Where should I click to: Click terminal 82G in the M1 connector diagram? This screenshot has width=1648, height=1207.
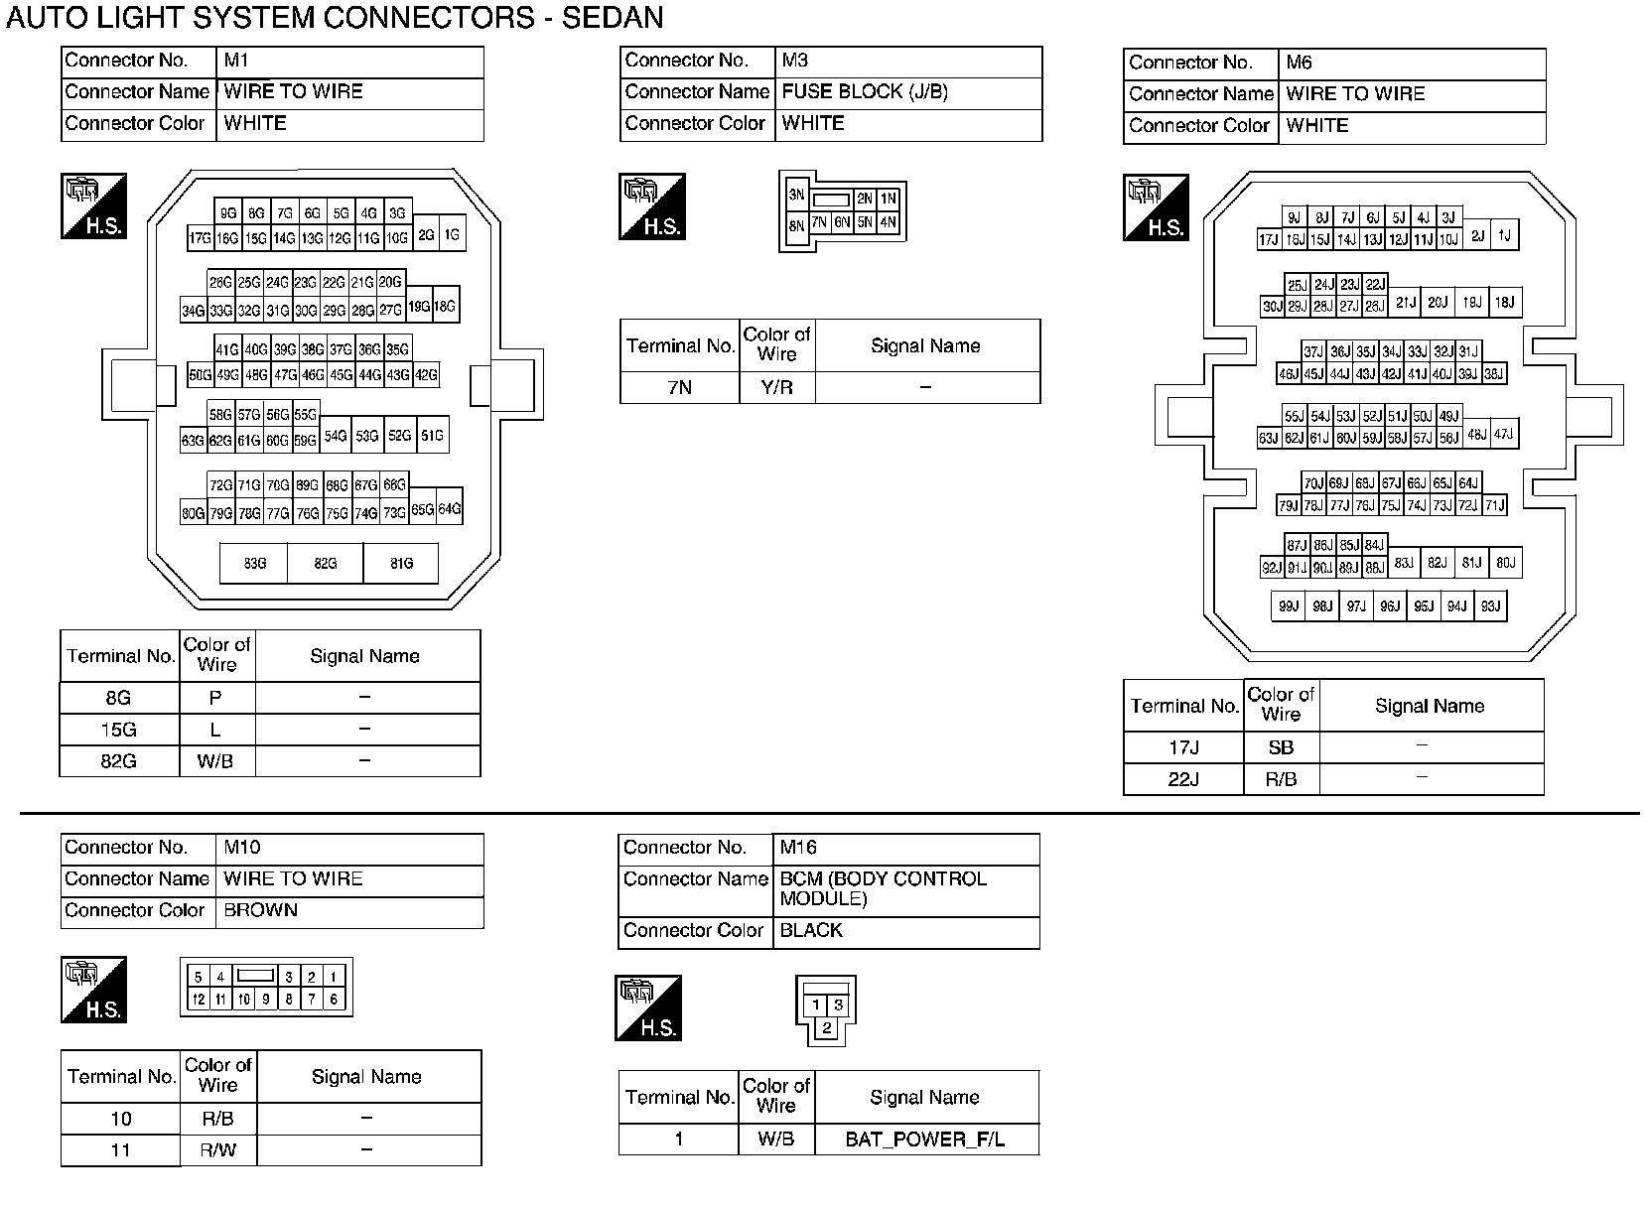[x=325, y=563]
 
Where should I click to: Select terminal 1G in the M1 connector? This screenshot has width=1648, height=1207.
[x=452, y=235]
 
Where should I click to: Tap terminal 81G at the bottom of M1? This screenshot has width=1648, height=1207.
[x=401, y=563]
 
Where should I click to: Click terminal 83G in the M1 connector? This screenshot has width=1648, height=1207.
[x=254, y=563]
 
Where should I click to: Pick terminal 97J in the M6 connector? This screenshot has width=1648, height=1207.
[x=1355, y=606]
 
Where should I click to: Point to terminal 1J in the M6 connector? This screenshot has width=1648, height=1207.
[x=1504, y=235]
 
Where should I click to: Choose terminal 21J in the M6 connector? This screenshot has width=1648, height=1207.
[x=1405, y=303]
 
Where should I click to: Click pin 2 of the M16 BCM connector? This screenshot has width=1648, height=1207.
[x=826, y=1028]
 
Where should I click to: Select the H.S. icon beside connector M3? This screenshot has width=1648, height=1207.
[x=652, y=206]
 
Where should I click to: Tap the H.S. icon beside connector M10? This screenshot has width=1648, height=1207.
[x=94, y=990]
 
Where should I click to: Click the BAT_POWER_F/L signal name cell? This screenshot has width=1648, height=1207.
[x=925, y=1140]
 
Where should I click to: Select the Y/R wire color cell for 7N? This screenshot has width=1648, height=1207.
[x=777, y=387]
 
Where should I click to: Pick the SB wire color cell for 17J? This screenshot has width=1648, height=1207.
[x=1281, y=747]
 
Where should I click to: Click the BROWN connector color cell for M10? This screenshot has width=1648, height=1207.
[x=261, y=910]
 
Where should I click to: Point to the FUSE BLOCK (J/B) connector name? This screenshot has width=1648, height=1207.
[x=865, y=91]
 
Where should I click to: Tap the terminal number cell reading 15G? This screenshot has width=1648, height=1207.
[x=119, y=730]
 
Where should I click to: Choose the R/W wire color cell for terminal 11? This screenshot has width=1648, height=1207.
[x=217, y=1150]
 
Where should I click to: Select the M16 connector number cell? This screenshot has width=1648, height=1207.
[x=799, y=848]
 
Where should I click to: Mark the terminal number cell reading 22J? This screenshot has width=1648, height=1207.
[x=1182, y=779]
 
